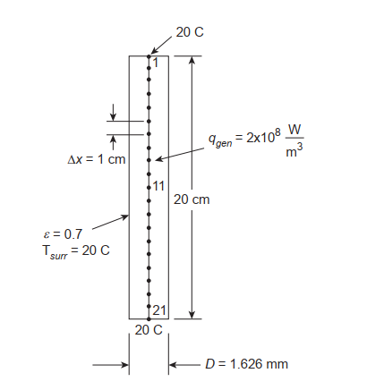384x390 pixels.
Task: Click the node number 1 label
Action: click(154, 63)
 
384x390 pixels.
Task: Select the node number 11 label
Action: click(158, 185)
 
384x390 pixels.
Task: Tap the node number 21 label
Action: click(158, 310)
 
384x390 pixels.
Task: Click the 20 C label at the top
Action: click(190, 32)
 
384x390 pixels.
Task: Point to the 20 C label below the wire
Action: click(149, 330)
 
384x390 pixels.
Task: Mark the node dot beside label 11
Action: click(149, 187)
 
